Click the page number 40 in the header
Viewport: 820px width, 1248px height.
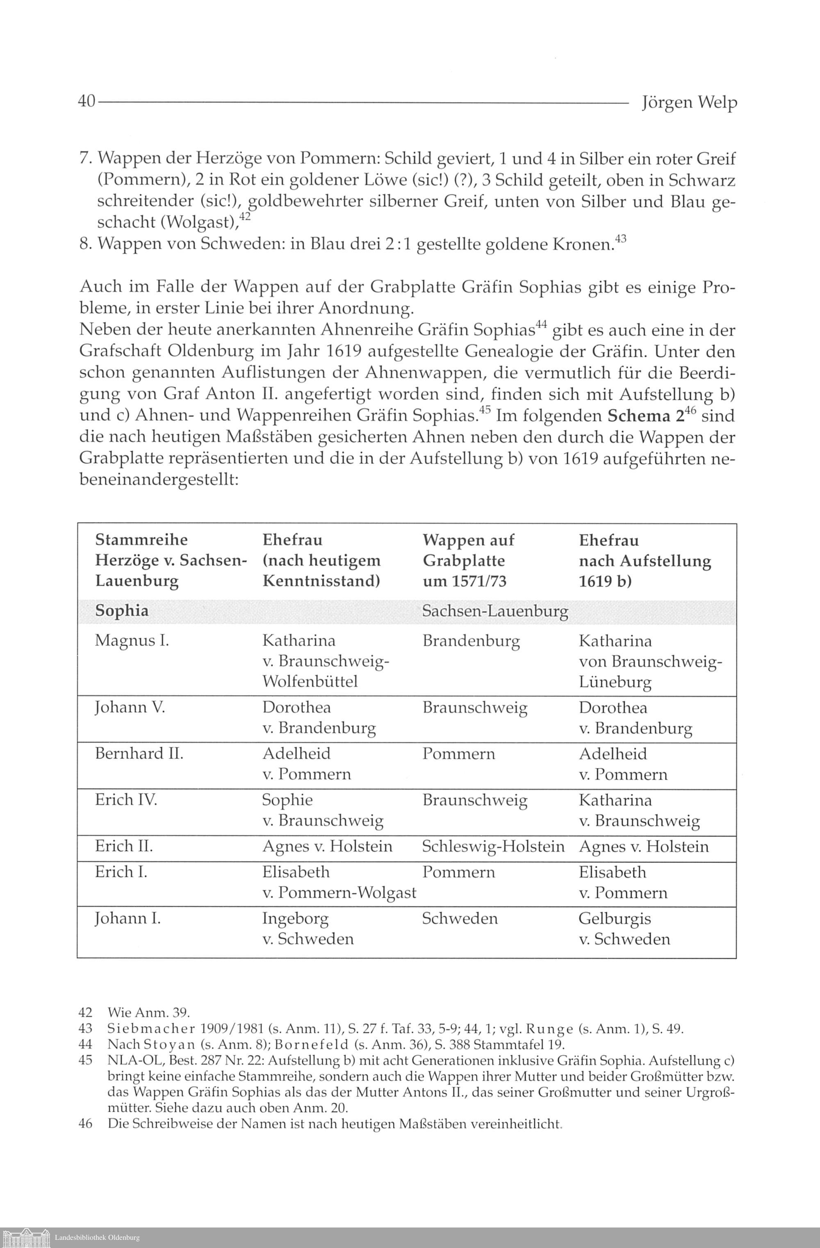[86, 101]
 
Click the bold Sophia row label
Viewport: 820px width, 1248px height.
[122, 611]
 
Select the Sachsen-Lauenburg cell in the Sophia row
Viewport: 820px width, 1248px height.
[495, 611]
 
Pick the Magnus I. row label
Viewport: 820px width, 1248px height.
[132, 641]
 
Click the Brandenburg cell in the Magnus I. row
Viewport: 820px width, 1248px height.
[471, 641]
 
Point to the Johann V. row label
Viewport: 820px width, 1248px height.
[130, 707]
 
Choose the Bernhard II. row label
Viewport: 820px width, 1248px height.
[139, 753]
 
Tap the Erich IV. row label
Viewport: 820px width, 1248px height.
[126, 800]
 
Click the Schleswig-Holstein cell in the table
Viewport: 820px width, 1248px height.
[493, 846]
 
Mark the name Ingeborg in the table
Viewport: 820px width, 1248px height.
[295, 919]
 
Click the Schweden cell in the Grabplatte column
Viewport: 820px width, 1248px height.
[459, 918]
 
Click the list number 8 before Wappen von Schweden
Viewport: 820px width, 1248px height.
[85, 244]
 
